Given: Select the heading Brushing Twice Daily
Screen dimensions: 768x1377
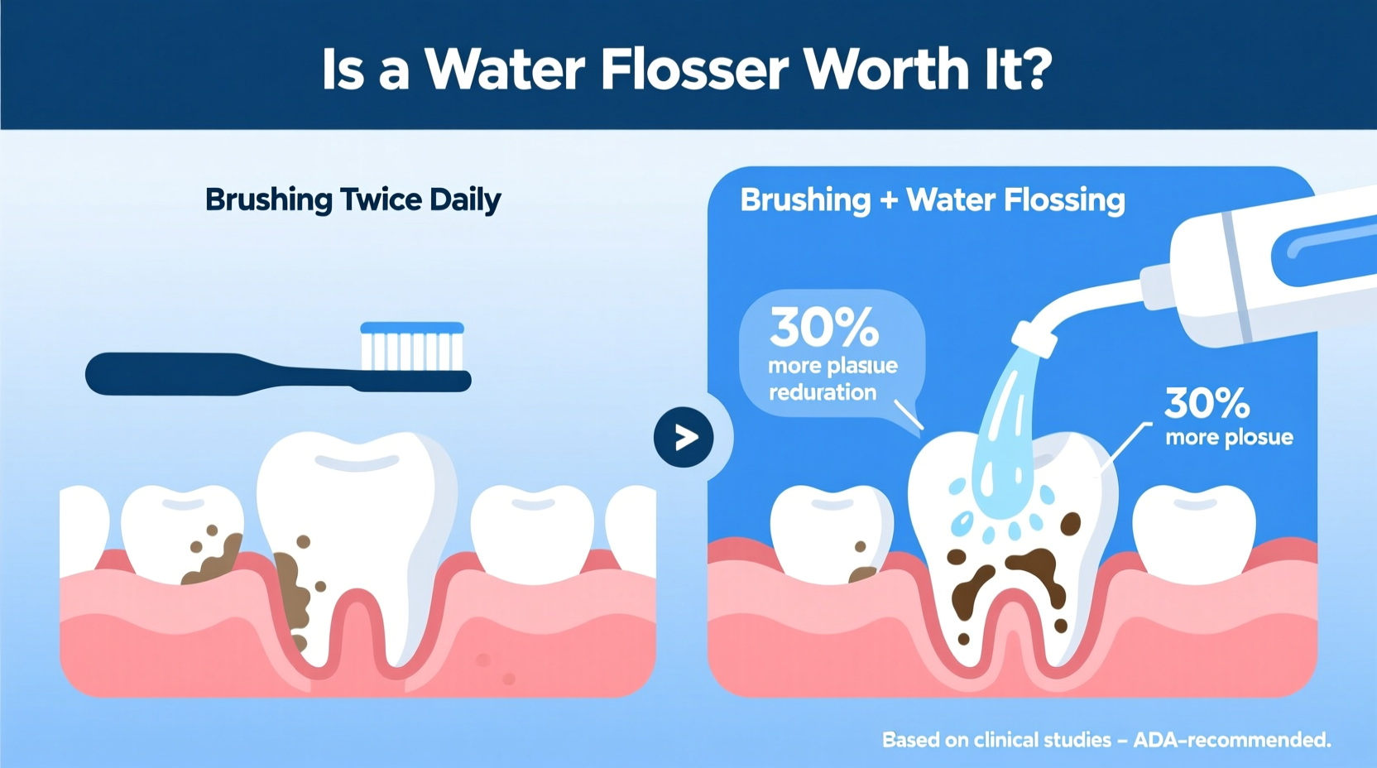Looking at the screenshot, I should [x=353, y=199].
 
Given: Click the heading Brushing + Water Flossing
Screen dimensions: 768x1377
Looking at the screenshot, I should [x=932, y=199].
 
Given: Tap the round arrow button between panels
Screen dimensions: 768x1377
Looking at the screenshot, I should [x=684, y=437].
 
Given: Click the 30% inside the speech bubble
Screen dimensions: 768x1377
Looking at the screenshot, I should [x=823, y=328].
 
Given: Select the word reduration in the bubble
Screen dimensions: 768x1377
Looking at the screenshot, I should [x=823, y=392].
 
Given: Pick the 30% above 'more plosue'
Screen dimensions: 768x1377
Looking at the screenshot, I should [x=1207, y=403].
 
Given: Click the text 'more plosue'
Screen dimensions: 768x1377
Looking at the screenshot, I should [x=1229, y=437].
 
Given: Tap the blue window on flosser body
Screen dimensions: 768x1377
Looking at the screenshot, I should [x=1324, y=248].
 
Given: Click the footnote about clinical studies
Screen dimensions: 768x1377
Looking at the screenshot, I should [x=1106, y=739].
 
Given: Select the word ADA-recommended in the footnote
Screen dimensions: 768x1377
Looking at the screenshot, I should [x=1231, y=739].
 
